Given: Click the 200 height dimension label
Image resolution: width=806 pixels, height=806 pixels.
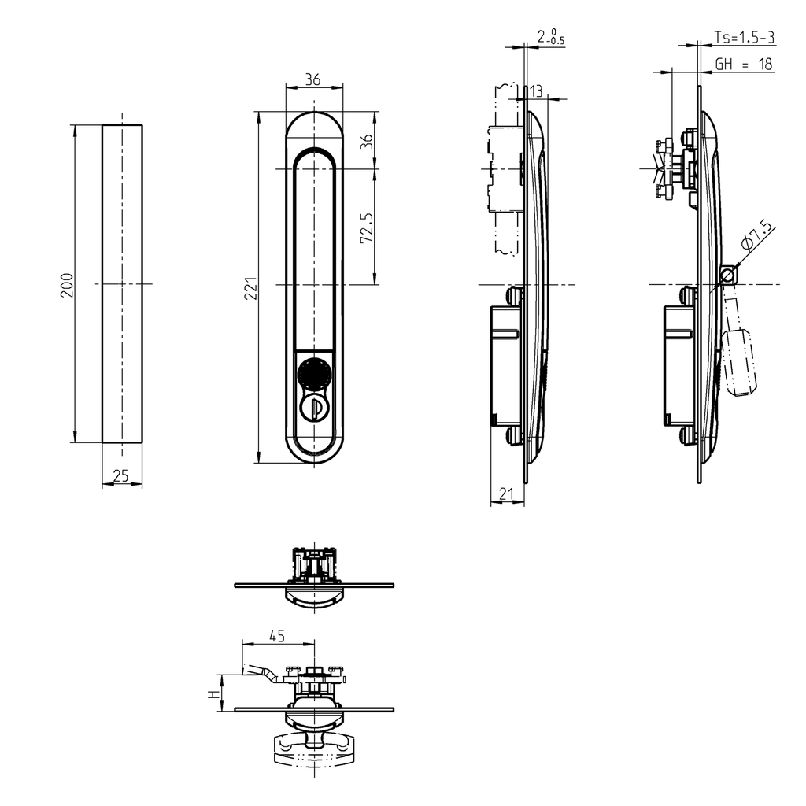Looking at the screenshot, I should point(68,284).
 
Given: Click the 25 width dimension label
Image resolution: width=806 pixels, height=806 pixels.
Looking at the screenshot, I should point(121,476).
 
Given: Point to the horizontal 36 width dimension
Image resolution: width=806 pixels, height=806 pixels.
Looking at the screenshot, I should point(312,79).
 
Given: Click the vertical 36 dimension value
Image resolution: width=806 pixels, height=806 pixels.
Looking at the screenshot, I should point(366,142).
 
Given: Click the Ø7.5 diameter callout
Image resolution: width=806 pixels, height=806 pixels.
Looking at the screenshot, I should point(756,237).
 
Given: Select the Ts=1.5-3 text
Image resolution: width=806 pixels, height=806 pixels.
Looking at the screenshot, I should point(743,37).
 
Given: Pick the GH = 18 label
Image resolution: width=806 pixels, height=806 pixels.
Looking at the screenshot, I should point(743,65).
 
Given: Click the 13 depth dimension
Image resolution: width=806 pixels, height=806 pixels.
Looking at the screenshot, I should point(536,91).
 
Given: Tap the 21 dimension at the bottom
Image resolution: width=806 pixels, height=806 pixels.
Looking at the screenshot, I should point(507,494).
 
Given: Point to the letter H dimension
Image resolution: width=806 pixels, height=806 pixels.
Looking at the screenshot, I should point(212,693).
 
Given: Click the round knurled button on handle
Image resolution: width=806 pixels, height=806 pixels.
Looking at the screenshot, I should point(313,372).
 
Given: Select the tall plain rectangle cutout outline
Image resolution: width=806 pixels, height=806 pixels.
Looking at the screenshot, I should point(122,284).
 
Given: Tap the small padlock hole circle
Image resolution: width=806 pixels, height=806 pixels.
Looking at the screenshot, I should point(730,274).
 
